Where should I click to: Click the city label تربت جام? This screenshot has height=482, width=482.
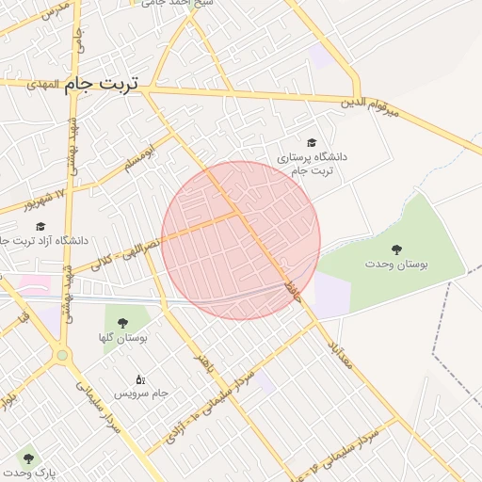(x=102, y=84)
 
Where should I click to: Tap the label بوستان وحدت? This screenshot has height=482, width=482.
(x=396, y=265)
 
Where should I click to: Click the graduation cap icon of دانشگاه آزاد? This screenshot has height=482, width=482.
(x=40, y=226)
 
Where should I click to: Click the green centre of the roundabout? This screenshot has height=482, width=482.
(x=62, y=356)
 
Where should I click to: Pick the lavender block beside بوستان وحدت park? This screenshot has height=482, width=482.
(x=331, y=294)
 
